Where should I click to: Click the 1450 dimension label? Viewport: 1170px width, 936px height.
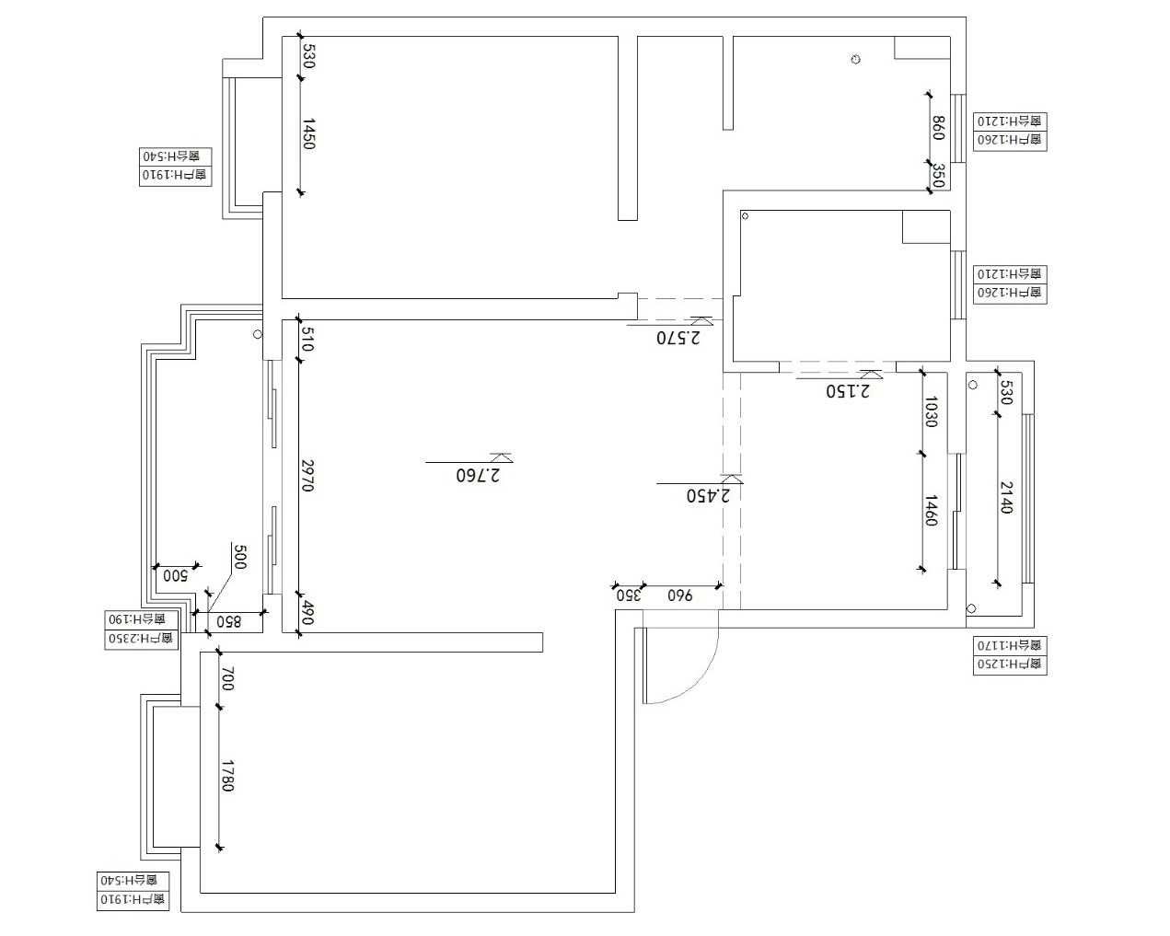(x=309, y=133)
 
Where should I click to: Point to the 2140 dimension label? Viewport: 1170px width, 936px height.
(x=1005, y=497)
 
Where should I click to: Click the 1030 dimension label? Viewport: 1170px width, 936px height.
(x=931, y=411)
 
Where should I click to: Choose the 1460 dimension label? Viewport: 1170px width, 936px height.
(x=931, y=511)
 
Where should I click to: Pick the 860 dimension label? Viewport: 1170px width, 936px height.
(x=938, y=127)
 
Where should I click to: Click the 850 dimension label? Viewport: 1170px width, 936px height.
(x=228, y=622)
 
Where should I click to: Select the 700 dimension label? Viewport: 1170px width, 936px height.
(x=228, y=680)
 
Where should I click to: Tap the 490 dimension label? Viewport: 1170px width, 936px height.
(x=307, y=614)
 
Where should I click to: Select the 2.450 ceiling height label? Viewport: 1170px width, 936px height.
(x=707, y=495)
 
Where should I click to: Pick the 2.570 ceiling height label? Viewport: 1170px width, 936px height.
(x=678, y=338)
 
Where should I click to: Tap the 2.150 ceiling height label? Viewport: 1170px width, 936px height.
(x=847, y=391)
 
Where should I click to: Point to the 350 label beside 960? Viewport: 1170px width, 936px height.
(x=628, y=595)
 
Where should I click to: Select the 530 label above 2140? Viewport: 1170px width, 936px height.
(x=1005, y=392)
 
